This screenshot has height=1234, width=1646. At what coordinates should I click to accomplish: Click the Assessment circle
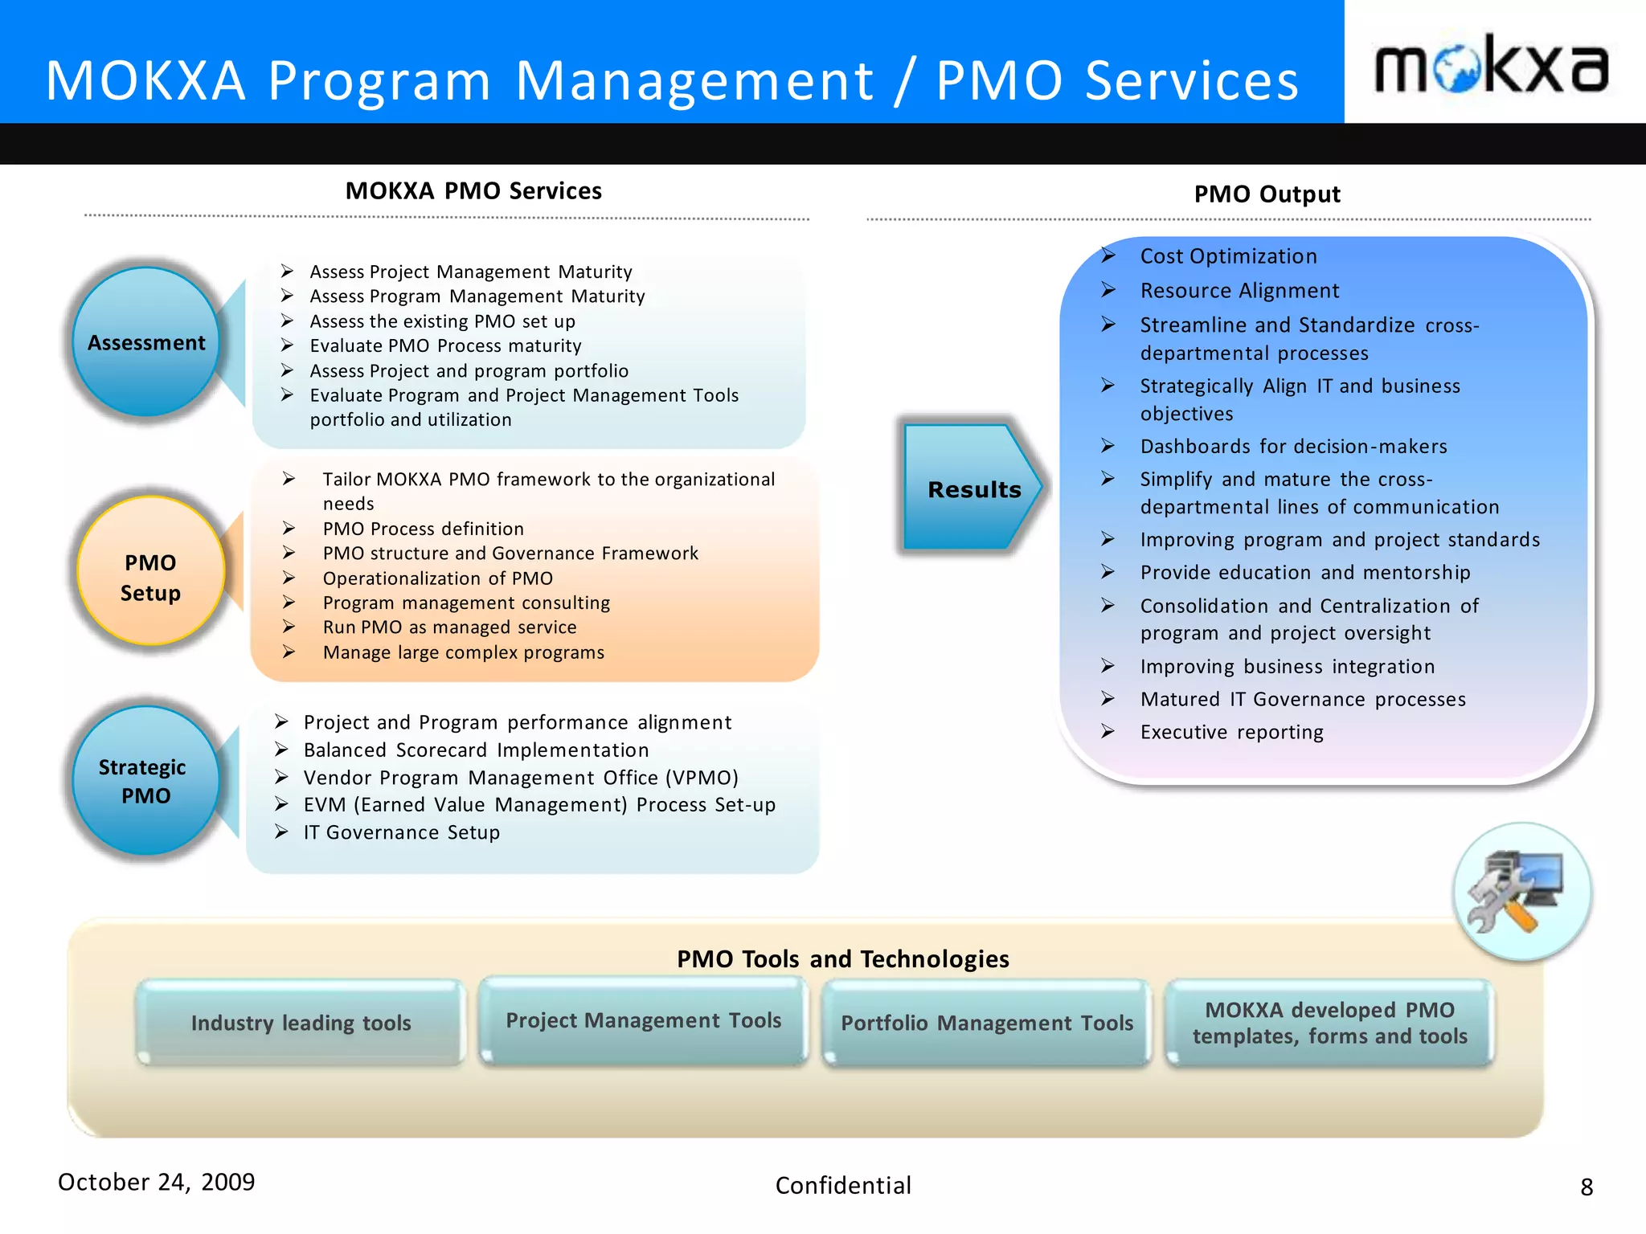point(146,342)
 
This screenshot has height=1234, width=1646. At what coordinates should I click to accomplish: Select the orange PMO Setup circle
point(150,571)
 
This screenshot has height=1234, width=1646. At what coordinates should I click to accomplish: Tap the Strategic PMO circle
point(145,780)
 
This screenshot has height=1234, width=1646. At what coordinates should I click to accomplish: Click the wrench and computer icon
point(1521,892)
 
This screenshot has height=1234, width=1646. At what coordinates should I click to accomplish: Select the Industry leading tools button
point(301,1023)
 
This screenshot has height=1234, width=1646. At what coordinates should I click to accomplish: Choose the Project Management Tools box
point(643,1021)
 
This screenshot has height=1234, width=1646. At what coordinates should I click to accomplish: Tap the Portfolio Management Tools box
point(986,1024)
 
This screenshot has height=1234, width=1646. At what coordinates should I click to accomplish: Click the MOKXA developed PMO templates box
point(1329,1024)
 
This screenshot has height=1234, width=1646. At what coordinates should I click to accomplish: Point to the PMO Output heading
point(1267,194)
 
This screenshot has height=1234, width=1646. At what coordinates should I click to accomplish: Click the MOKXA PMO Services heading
point(473,191)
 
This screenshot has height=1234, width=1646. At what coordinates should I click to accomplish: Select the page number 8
point(1586,1187)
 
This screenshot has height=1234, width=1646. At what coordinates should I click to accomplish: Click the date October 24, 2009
point(157,1182)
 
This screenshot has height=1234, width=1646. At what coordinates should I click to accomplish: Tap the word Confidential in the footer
point(843,1186)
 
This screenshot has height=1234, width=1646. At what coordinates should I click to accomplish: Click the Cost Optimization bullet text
point(1228,256)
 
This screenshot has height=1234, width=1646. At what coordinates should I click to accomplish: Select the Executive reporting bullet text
point(1231,732)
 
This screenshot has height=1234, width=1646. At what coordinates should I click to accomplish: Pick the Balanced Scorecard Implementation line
point(476,750)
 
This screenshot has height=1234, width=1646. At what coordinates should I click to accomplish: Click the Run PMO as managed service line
point(449,627)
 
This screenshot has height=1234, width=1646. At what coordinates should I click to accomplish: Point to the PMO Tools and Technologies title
point(842,959)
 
